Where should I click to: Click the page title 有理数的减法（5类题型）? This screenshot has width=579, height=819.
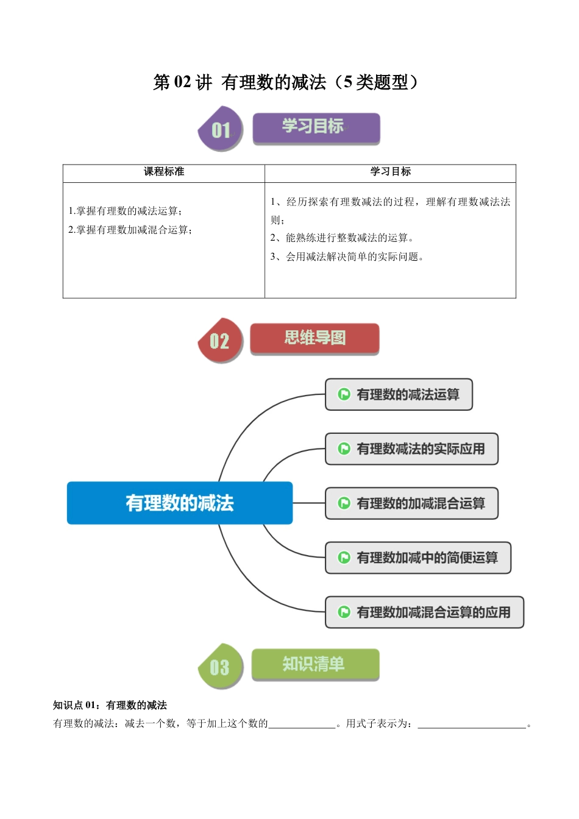pos(286,82)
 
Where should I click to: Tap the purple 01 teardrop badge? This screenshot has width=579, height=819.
pos(220,129)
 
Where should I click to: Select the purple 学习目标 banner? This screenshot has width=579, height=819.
pos(316,128)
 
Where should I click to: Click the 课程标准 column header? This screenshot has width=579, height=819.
pos(163,172)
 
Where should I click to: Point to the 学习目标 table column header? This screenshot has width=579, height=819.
pos(390,172)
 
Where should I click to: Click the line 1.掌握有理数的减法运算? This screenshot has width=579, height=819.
pos(125,211)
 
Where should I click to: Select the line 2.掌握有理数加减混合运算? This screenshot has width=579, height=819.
pos(130,230)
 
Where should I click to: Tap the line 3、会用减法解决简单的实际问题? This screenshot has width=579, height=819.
pos(347,257)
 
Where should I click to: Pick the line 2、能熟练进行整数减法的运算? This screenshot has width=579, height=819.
pos(342,238)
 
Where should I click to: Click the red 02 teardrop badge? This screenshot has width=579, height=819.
pos(220,340)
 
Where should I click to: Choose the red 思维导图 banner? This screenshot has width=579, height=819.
pos(314,338)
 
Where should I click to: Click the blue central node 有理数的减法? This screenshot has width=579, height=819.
pos(180,503)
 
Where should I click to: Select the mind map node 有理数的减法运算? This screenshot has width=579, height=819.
pos(399,394)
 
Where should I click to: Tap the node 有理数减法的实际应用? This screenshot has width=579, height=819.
pos(412,449)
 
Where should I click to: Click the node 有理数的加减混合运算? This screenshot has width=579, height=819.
pos(412,503)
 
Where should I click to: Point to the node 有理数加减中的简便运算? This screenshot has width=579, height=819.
pos(418,558)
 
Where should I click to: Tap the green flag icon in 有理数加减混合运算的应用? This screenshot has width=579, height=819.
pos(344,612)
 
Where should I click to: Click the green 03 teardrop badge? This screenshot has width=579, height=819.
pos(220,667)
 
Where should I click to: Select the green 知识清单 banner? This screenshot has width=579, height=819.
pos(314,664)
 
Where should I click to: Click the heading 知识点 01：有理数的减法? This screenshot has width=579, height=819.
pos(110,705)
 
